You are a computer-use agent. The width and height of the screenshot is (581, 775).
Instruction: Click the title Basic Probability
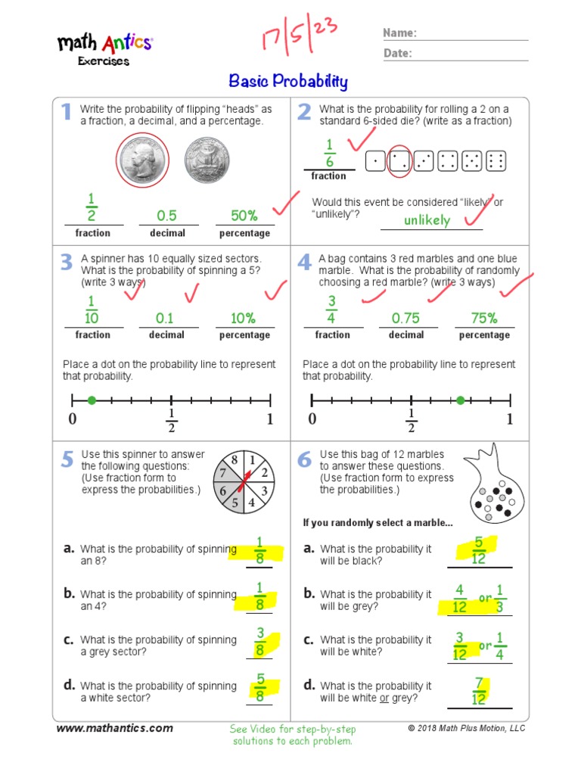pos(288,82)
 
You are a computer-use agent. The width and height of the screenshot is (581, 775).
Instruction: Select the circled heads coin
pos(143,161)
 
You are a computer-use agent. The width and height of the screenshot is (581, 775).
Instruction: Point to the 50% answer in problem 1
pos(244,216)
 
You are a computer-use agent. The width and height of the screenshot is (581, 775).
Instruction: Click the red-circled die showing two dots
pos(399,160)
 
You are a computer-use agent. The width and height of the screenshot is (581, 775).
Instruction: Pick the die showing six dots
pos(496,160)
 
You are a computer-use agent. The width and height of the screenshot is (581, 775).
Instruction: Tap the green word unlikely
pos(427,220)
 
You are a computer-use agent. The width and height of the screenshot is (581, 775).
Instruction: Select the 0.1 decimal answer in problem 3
pos(165,318)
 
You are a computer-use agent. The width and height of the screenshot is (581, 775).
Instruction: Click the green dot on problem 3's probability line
pos(92,400)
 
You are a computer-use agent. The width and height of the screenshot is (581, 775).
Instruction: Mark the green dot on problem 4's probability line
pos(460,400)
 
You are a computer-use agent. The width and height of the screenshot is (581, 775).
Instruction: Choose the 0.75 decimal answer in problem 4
pos(405,318)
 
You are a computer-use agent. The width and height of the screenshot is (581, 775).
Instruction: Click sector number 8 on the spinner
pos(235,460)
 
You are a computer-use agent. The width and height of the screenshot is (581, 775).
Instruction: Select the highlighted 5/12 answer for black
pos(478,550)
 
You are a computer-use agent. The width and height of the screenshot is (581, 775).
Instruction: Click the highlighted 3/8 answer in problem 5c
pos(260,642)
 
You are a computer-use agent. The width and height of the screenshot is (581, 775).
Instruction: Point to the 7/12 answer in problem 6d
pos(479,691)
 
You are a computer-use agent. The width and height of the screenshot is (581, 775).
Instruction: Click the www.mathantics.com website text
pos(115,728)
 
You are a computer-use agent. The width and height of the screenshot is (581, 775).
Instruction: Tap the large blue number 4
pos(304,263)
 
